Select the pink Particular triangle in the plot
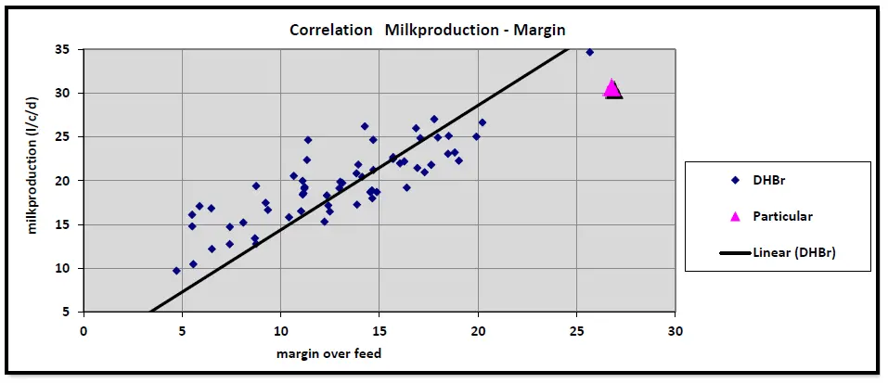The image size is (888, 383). (611, 88)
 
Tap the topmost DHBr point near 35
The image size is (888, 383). (590, 52)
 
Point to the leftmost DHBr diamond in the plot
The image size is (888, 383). (176, 271)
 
